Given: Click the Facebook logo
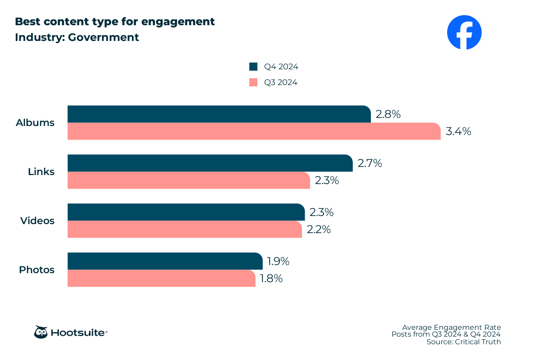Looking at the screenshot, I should (x=464, y=32).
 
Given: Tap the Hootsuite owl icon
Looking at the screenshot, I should (x=40, y=332).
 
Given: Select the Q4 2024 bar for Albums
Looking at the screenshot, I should (x=219, y=114).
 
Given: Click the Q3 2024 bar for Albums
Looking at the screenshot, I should (x=254, y=131).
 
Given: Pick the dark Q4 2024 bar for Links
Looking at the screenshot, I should (x=210, y=163).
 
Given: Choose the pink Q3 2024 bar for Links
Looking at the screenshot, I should (x=189, y=180).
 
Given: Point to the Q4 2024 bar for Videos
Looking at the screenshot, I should (x=186, y=212).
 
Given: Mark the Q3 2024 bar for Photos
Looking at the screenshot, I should (x=161, y=278).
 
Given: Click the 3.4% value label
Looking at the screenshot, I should (x=458, y=131).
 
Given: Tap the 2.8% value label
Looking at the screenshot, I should (x=388, y=114).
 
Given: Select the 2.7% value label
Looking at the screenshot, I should (x=370, y=163).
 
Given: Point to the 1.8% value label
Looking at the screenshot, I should (x=271, y=279).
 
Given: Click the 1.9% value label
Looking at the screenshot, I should (x=278, y=261).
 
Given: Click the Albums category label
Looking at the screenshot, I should (x=35, y=122).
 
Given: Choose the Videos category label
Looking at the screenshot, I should (x=37, y=220).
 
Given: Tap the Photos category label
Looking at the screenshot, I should (x=36, y=270).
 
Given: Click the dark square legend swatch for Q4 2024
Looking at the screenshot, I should (x=253, y=67).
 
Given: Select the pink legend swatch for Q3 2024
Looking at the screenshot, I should (x=253, y=82).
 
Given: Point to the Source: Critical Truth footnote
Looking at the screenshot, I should (x=463, y=342).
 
